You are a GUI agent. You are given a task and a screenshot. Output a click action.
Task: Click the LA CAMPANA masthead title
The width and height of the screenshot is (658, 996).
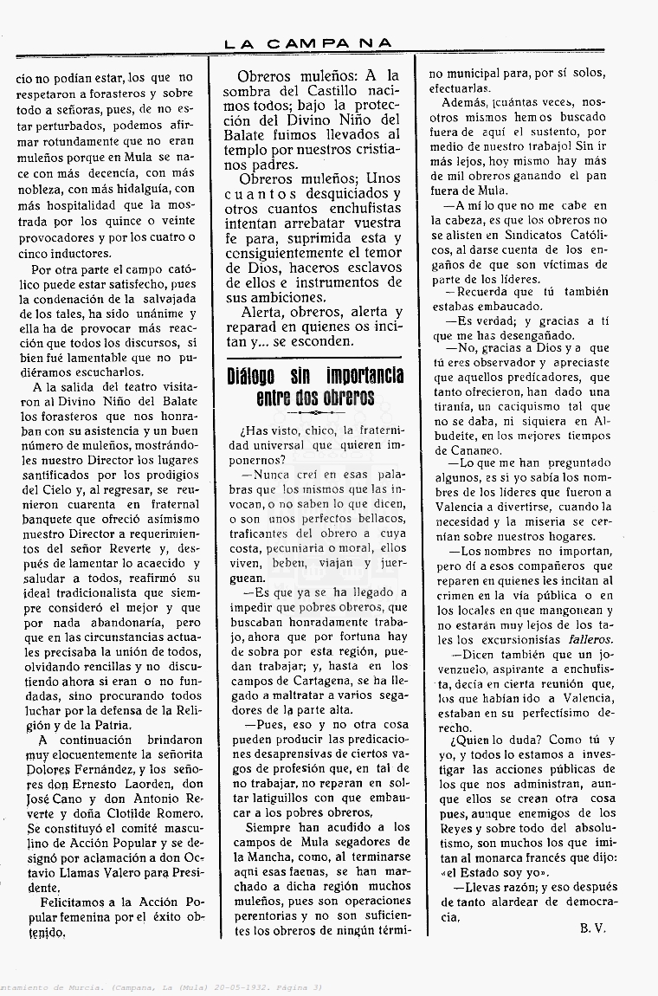tap(308, 42)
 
